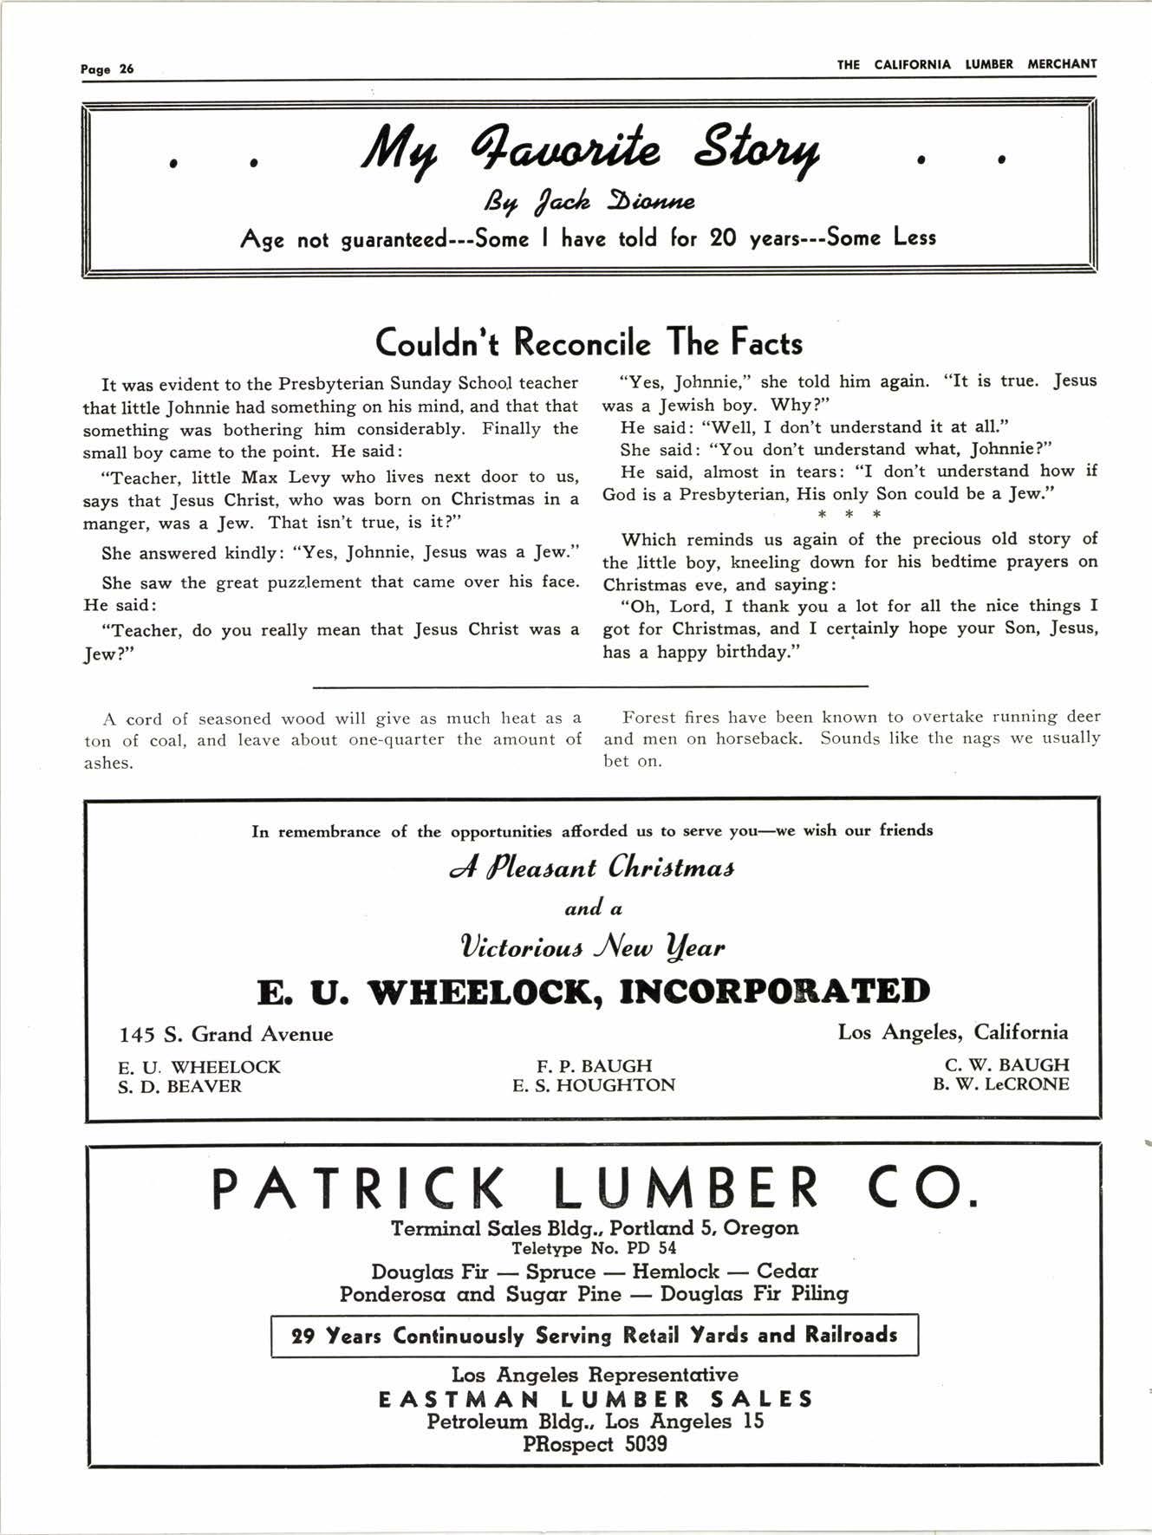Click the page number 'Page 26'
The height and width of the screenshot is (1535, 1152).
107,69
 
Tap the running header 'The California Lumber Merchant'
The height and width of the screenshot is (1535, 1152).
967,64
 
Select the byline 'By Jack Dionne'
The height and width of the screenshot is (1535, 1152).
589,203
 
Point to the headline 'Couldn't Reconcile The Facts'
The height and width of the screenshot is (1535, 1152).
589,343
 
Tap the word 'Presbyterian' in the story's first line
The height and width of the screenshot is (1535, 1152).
332,383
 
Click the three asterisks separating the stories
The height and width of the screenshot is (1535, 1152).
849,516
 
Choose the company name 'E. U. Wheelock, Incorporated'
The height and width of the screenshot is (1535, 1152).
593,992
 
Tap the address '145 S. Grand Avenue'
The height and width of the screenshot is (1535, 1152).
226,1034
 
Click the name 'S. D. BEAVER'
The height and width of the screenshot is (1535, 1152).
179,1087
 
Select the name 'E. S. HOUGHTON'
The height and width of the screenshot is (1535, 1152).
594,1085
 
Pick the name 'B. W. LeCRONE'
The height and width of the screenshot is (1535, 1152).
1001,1084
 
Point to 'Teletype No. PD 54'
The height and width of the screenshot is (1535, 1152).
594,1249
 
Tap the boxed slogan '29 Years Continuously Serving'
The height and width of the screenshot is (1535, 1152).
594,1335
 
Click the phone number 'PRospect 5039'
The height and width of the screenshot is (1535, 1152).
595,1444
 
